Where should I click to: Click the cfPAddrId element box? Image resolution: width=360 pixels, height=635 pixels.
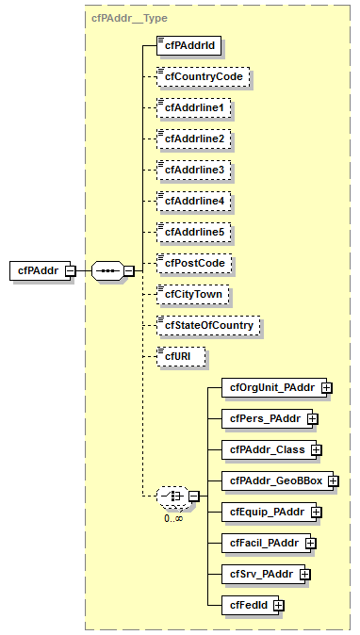click(182, 44)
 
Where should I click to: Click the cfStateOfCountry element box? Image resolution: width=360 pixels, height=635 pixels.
click(207, 326)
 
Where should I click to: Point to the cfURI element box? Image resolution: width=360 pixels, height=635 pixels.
click(179, 357)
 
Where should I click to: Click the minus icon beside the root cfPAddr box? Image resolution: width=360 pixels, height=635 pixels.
click(71, 271)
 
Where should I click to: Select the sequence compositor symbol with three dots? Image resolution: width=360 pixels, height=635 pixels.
click(106, 271)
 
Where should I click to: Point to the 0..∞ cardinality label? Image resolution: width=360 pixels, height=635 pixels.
click(172, 518)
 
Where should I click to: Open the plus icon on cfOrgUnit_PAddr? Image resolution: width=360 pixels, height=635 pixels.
click(326, 387)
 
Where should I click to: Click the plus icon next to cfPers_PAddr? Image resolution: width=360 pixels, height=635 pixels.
click(312, 418)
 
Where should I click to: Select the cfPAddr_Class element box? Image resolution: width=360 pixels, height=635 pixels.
click(267, 449)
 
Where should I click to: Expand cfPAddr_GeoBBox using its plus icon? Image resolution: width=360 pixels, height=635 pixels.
click(333, 480)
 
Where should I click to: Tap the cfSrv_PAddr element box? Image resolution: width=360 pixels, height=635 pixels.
click(262, 574)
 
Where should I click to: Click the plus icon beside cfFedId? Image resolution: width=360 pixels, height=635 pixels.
click(278, 605)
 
